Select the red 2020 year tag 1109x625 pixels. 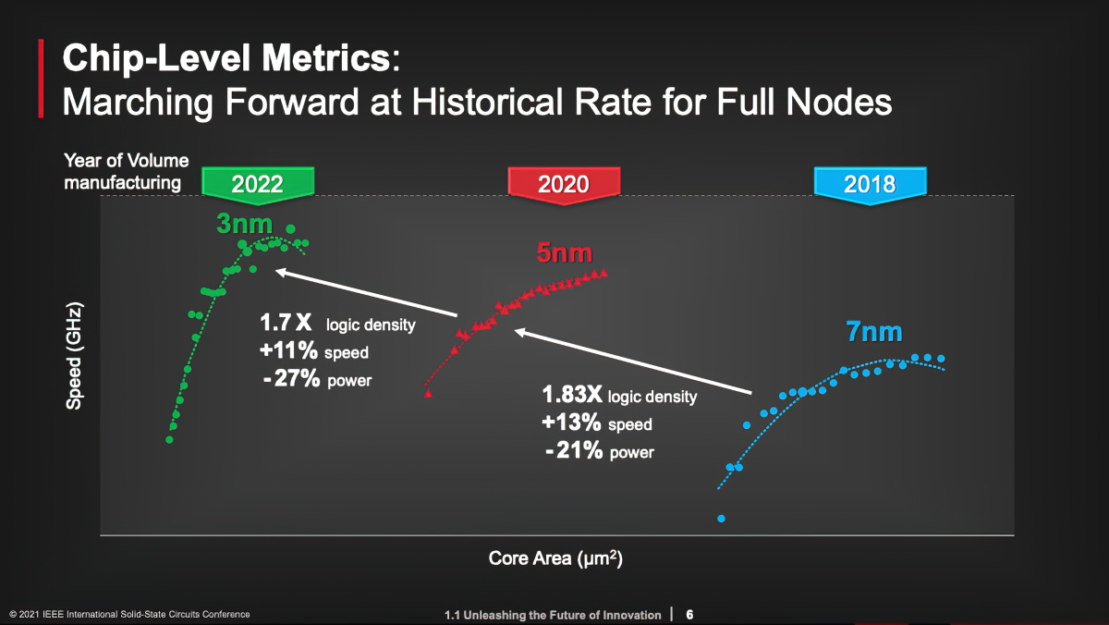tap(562, 183)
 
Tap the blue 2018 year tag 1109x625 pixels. tap(869, 183)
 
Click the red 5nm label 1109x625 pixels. tap(564, 251)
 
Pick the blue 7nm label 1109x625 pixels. tap(873, 332)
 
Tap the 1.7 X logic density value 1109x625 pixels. tap(286, 325)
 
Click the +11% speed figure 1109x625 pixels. tap(289, 351)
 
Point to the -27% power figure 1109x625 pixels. tap(292, 379)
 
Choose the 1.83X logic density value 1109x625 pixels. tap(572, 396)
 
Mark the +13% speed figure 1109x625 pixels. tap(572, 423)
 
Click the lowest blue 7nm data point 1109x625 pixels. tap(722, 519)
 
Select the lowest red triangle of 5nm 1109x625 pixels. tap(429, 394)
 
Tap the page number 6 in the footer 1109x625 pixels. tap(689, 615)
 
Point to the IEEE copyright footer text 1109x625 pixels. tap(129, 615)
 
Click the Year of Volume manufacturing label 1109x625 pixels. tap(126, 172)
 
